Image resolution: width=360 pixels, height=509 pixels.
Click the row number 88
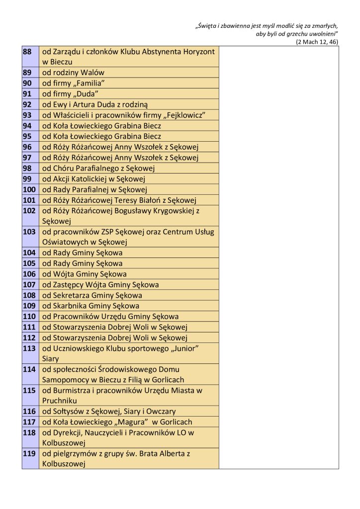tap(27, 52)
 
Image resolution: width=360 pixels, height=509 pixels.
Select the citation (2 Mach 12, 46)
tap(317, 42)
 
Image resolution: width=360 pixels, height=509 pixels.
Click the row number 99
tap(27, 178)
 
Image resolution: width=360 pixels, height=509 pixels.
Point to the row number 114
tap(29, 369)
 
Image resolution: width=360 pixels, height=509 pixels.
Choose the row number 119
tap(29, 454)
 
